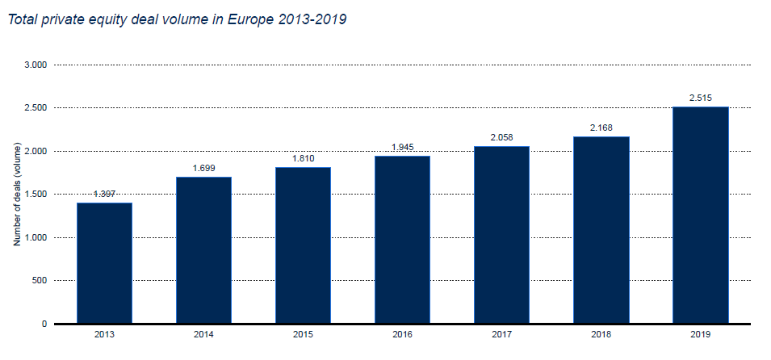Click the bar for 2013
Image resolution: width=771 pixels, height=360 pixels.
104,263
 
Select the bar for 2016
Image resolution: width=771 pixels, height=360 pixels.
402,240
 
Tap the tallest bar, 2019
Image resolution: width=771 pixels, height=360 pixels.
700,215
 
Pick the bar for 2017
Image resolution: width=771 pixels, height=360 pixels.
501,235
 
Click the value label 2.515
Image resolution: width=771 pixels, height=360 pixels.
700,98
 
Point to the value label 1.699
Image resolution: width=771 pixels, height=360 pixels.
203,168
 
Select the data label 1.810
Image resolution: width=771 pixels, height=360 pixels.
303,158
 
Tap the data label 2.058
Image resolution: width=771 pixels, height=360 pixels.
501,137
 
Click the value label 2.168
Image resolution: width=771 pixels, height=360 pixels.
601,128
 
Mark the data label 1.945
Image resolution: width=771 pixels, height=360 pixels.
402,147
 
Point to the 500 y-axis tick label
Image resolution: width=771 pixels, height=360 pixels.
40,281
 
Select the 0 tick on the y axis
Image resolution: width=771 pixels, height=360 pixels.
45,324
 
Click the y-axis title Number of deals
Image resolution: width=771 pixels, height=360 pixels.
16,195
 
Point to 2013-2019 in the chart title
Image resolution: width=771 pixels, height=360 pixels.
311,19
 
